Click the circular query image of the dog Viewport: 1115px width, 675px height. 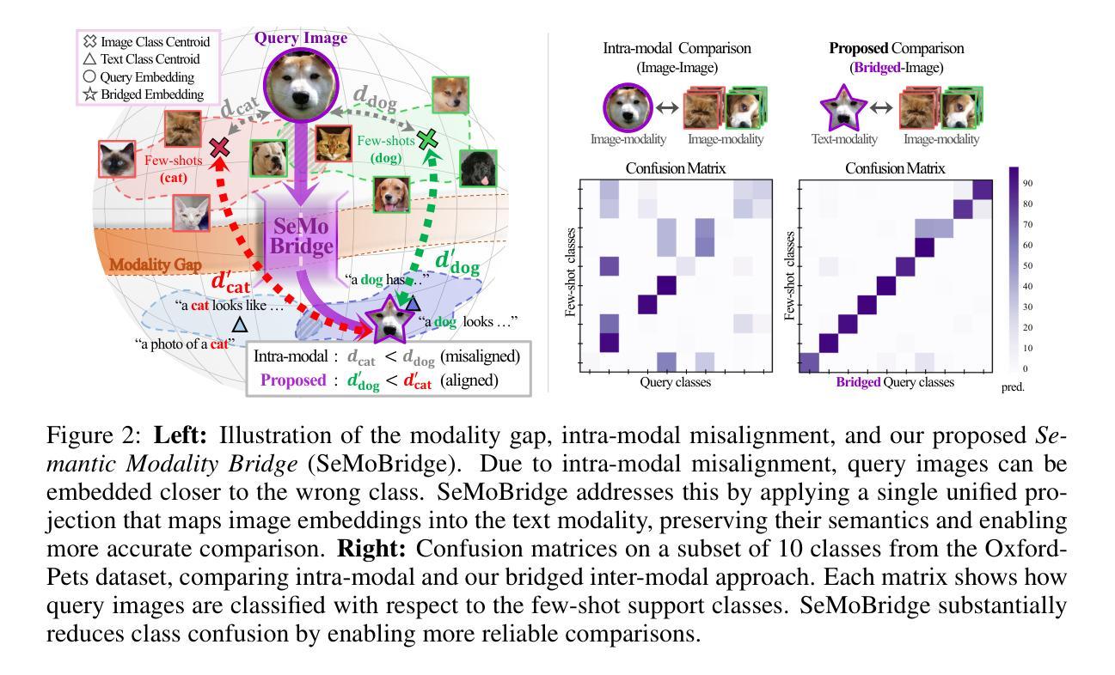click(296, 82)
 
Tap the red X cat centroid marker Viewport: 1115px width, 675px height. click(220, 148)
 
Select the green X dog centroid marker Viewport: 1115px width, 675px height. click(427, 139)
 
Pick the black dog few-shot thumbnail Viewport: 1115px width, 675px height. click(478, 168)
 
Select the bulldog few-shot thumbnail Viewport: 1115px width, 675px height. click(268, 158)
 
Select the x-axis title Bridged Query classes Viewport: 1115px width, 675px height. click(895, 383)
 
